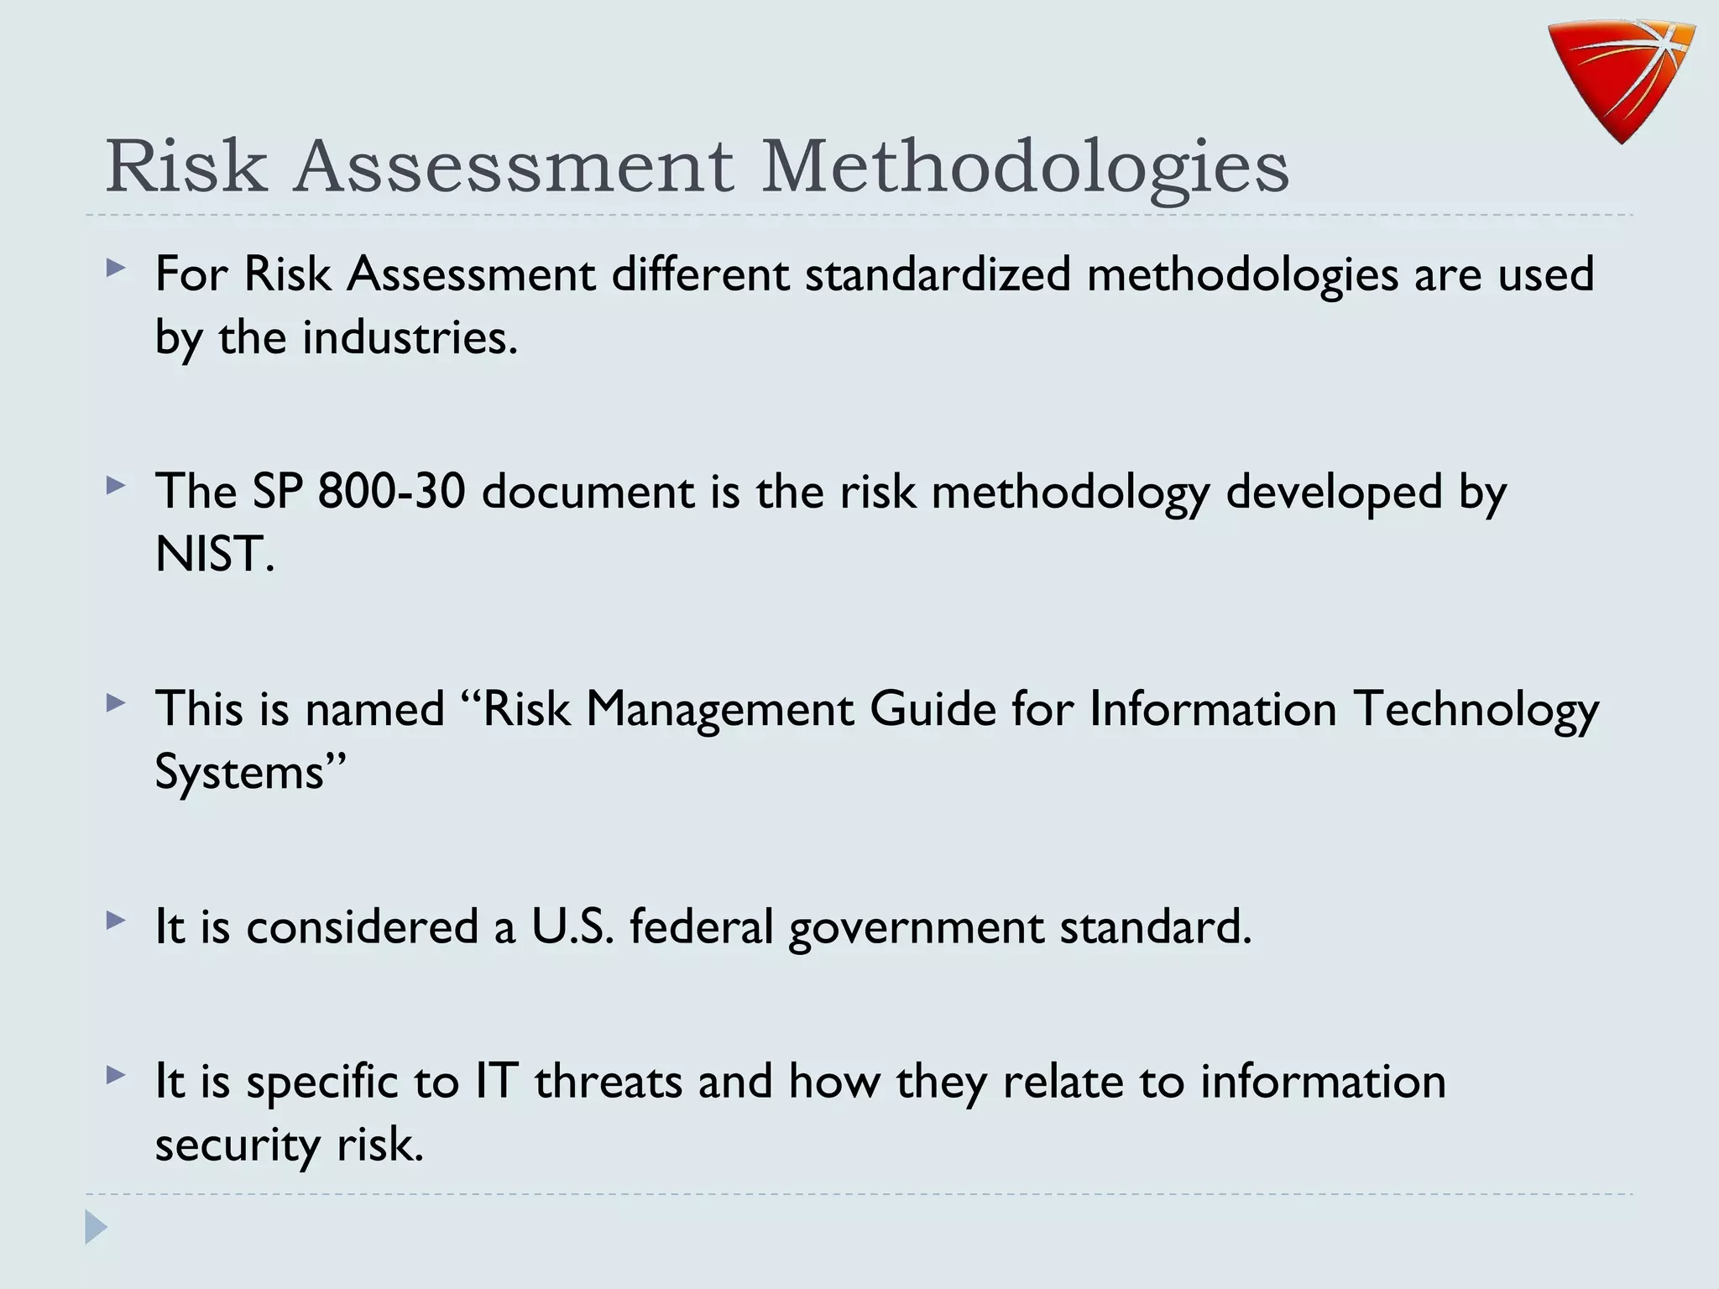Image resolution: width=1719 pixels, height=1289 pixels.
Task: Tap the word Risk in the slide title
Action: pos(186,166)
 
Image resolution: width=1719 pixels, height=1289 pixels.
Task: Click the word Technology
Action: pos(1476,710)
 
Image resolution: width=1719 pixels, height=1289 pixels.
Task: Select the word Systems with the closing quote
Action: pos(250,771)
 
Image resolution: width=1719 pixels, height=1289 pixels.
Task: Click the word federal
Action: pos(701,927)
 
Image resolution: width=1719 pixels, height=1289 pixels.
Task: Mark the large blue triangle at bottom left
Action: pos(96,1228)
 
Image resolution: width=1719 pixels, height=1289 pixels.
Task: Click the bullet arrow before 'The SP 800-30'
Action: pos(116,486)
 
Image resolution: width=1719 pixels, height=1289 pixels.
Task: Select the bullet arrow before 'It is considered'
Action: pos(116,921)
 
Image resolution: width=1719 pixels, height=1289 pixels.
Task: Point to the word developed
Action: pos(1334,493)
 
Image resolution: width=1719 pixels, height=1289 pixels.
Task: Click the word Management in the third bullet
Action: pos(719,710)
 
